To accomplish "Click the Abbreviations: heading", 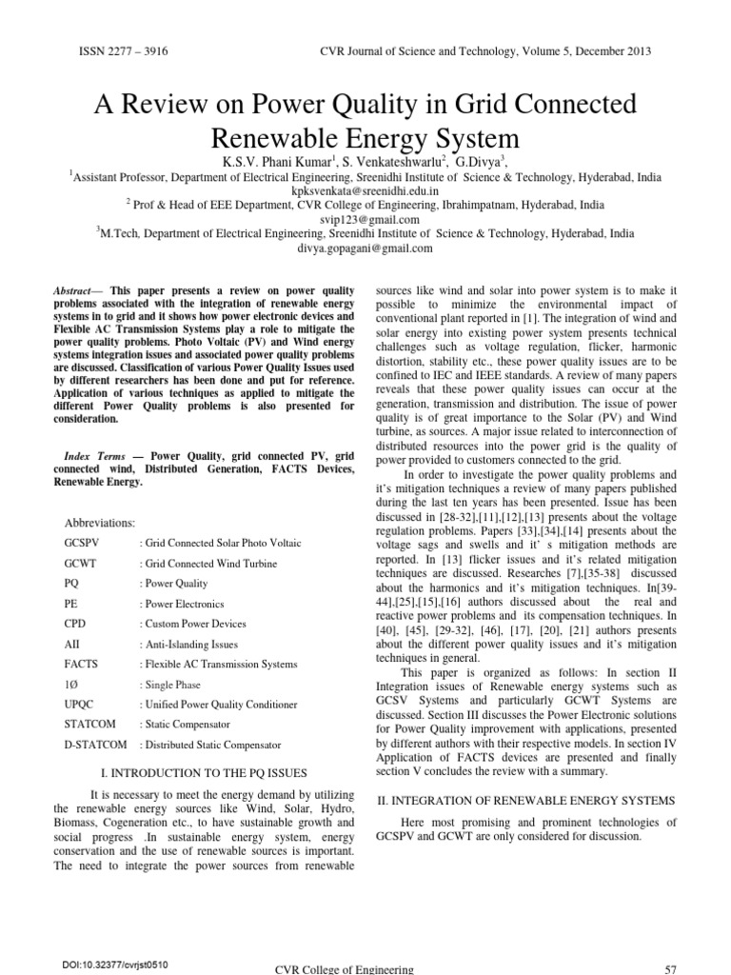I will coord(99,523).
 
